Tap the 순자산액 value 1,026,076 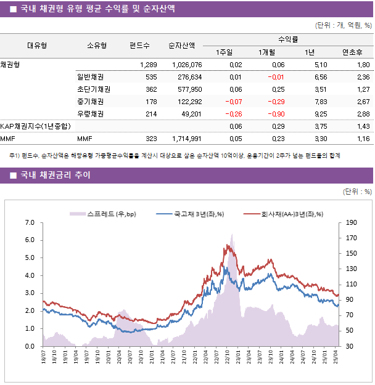pos(184,65)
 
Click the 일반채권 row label pos(90,77)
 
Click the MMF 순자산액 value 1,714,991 pos(184,139)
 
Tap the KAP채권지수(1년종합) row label pos(35,126)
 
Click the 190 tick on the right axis pos(351,222)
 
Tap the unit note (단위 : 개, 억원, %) pos(343,25)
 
